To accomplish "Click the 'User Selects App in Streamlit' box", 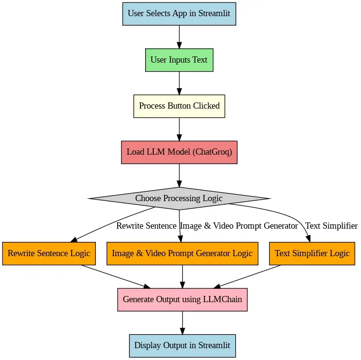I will tap(179, 13).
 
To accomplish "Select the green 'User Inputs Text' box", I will tap(179, 60).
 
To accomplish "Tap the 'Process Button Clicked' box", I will tap(179, 106).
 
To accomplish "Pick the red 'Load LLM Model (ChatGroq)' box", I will tap(179, 152).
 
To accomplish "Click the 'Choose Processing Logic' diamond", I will tap(179, 198).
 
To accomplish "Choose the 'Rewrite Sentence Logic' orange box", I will tap(49, 253).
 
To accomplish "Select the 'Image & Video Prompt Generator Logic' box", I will tap(182, 253).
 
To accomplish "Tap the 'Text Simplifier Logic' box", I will tap(312, 253).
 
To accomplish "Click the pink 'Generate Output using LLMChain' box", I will tap(182, 299).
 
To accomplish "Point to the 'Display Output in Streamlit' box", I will tap(182, 345).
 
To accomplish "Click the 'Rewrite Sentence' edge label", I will tap(146, 226).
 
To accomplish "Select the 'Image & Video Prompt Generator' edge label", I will tap(239, 226).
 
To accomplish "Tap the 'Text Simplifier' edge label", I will tap(331, 226).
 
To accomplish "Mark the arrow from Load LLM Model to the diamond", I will tap(179, 175).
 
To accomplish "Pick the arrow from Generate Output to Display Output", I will tap(182, 323).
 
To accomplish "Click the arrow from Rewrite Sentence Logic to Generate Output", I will tap(114, 276).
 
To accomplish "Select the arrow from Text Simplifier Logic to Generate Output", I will tap(249, 276).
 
